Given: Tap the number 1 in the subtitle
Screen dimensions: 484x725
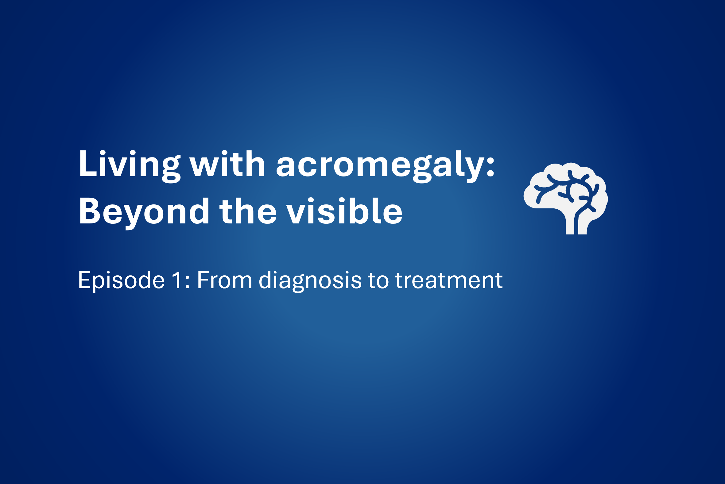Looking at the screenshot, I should point(177,280).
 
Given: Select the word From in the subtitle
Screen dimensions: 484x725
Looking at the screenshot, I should point(224,280).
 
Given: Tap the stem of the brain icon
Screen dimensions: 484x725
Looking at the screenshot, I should point(576,224).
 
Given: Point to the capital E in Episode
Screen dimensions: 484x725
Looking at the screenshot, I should point(84,280).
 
